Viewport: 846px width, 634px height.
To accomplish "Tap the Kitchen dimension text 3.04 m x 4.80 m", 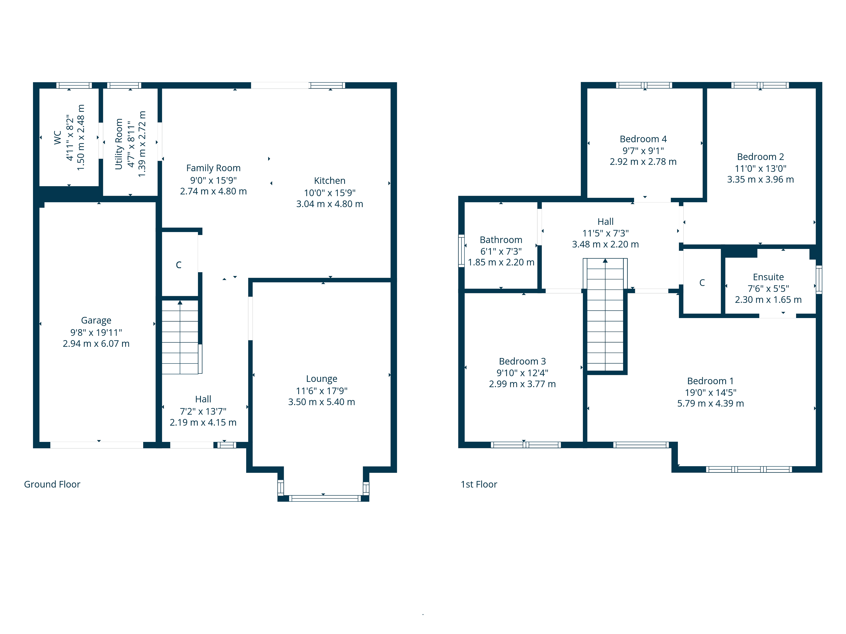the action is [330, 204].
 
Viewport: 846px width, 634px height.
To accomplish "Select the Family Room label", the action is [213, 168].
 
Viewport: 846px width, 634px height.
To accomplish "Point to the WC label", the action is [57, 138].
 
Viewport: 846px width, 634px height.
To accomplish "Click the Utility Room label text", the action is [119, 144].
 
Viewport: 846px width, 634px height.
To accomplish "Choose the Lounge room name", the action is [322, 379].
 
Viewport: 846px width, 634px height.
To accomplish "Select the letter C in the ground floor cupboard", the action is [179, 265].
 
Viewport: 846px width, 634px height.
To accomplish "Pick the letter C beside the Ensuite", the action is [702, 283].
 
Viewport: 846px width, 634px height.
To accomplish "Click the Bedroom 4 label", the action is [643, 139].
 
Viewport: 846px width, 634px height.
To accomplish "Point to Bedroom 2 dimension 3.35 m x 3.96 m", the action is [760, 180].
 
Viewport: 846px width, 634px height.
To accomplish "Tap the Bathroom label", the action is [501, 240].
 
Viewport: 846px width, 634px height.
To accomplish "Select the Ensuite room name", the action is [768, 277].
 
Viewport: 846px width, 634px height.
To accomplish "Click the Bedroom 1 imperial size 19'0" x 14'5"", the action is [711, 392].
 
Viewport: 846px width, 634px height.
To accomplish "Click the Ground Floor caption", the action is [52, 485].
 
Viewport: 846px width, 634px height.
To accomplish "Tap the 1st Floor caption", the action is [479, 485].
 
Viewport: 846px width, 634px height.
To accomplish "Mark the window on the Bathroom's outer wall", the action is [462, 251].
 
